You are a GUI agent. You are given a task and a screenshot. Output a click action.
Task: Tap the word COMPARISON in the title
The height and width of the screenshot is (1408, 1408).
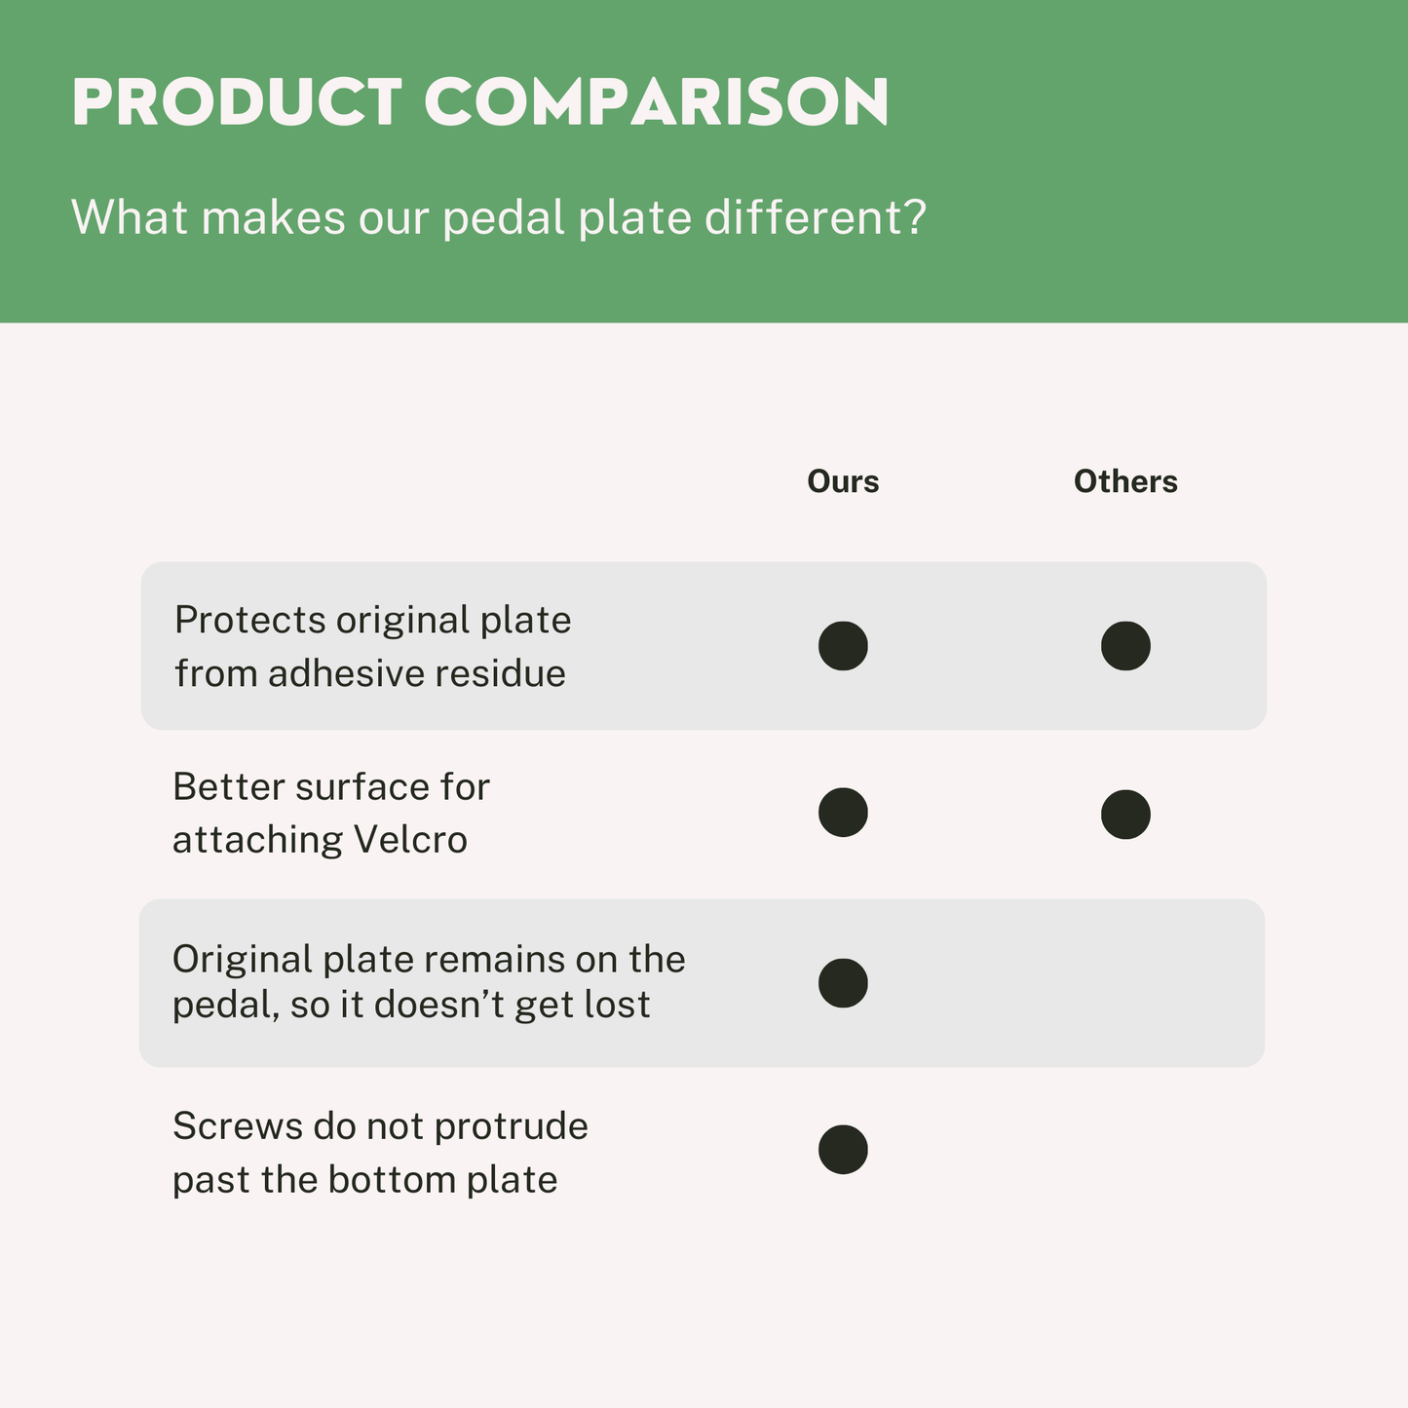(x=656, y=102)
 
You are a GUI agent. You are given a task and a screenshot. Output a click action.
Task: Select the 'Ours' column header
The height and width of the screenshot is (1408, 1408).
(x=843, y=481)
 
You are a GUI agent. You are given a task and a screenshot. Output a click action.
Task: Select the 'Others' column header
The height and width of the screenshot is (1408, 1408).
(x=1125, y=481)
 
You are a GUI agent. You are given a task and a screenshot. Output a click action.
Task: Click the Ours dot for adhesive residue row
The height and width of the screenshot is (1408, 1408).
(x=843, y=646)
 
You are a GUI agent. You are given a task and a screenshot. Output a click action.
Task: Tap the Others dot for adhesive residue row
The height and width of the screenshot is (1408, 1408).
(x=1125, y=646)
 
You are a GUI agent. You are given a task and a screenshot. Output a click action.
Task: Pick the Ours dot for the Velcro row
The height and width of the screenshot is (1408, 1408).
(x=843, y=813)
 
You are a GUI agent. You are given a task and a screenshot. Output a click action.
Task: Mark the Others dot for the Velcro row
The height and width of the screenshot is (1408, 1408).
(x=1125, y=814)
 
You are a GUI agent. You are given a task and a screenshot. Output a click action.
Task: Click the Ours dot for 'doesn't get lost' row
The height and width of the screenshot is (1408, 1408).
(x=843, y=983)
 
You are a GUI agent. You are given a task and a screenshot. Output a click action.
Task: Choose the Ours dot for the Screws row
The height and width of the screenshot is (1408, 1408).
(x=843, y=1150)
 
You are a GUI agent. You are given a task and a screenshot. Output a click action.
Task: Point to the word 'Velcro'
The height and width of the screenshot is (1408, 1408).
(x=410, y=840)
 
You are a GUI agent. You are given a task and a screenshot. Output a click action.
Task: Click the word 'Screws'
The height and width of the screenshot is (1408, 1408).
(x=238, y=1126)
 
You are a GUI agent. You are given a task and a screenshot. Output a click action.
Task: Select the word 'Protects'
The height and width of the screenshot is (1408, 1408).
(x=249, y=621)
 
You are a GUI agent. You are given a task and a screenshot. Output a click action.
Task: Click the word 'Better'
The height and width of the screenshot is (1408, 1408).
(x=229, y=787)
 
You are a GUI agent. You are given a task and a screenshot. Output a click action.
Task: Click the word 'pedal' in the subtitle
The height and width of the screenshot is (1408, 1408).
(x=504, y=217)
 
